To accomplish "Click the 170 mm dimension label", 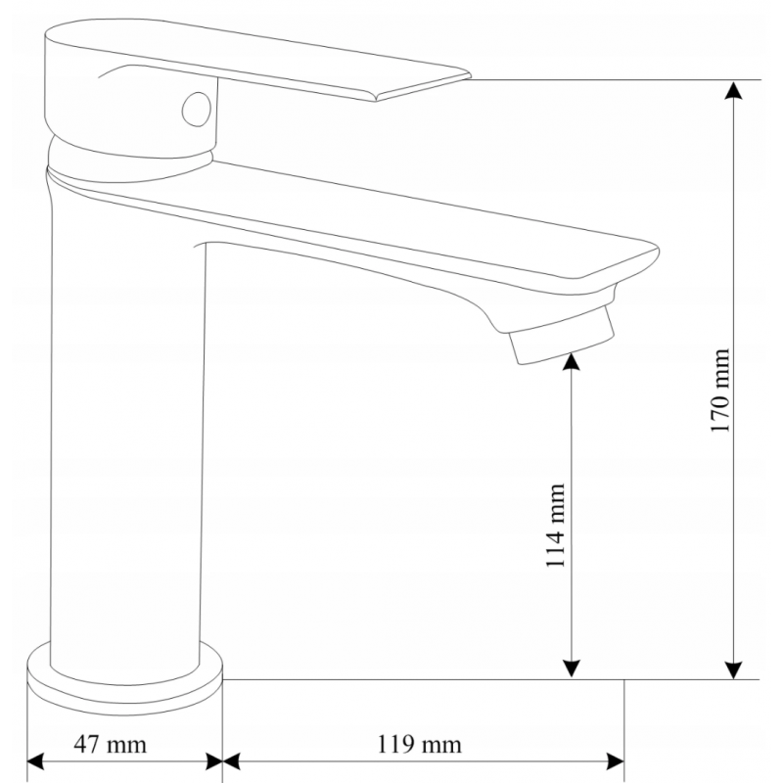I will (721, 391).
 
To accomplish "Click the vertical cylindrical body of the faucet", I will (127, 440).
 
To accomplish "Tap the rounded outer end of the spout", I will (636, 262).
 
